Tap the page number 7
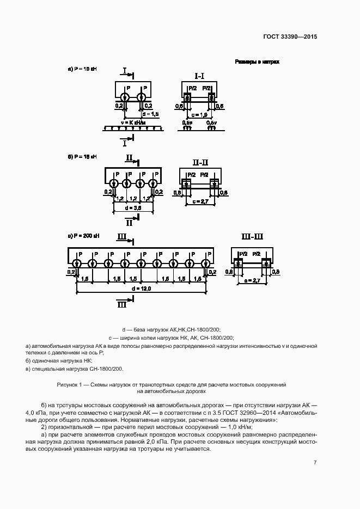coord(315,462)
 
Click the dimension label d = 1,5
coord(150,114)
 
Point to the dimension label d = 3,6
coord(133,207)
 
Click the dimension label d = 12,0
coord(141,287)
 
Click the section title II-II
coord(200,162)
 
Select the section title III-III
coord(252,236)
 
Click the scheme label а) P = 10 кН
coord(82,69)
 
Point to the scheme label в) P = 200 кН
coord(83,236)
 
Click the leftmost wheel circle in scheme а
coord(124,97)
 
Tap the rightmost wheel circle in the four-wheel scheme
coord(154,183)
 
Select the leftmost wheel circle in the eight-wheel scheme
coord(77,264)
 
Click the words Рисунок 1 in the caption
coord(69,384)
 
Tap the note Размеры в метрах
coord(257,62)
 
